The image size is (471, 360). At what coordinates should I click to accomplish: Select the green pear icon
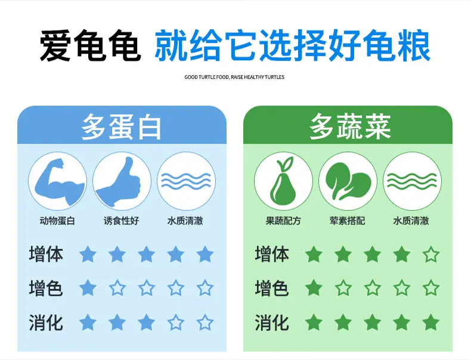(283, 181)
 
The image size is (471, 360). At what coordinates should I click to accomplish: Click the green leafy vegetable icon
(348, 181)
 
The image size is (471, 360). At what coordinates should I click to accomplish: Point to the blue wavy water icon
(186, 181)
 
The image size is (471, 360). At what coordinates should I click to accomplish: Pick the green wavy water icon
(412, 181)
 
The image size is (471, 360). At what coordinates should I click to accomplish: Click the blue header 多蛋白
(122, 126)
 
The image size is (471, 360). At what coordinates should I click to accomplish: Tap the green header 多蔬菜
(350, 126)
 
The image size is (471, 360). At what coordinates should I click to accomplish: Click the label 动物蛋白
(57, 221)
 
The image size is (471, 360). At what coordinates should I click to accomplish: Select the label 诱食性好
(122, 221)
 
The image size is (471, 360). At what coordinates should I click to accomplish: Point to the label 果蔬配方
(283, 221)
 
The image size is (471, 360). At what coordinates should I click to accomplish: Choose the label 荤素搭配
(347, 221)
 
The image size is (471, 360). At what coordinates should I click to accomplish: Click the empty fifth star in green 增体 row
(431, 255)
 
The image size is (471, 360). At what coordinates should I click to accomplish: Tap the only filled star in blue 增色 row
(88, 288)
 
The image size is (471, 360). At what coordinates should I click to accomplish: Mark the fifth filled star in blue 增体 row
(205, 255)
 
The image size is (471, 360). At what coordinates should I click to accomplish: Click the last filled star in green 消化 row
(431, 322)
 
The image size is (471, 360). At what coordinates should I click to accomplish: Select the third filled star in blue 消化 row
(146, 322)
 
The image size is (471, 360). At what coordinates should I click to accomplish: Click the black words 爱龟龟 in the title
(91, 45)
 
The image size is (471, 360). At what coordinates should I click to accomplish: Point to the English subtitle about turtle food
(234, 77)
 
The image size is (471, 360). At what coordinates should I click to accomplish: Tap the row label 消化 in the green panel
(272, 322)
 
